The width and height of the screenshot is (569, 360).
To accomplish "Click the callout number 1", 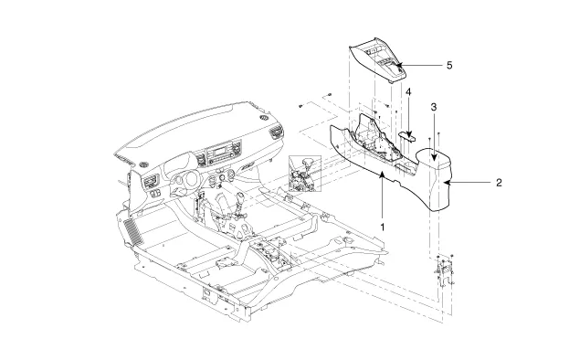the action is click(382, 228).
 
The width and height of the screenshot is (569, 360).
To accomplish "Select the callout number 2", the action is click(499, 183).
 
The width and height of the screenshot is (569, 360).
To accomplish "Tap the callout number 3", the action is click(434, 107).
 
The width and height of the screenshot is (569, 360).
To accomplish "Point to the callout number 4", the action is click(408, 91).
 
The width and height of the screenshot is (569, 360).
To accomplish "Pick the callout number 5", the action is click(449, 65).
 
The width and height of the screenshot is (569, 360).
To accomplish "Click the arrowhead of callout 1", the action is click(382, 175).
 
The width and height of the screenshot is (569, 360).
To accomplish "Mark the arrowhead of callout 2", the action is click(448, 183).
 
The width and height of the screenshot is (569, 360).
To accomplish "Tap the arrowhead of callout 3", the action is click(434, 157).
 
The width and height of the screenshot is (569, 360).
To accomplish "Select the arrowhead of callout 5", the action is click(398, 66).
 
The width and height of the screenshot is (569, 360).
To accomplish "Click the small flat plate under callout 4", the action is click(408, 136).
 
